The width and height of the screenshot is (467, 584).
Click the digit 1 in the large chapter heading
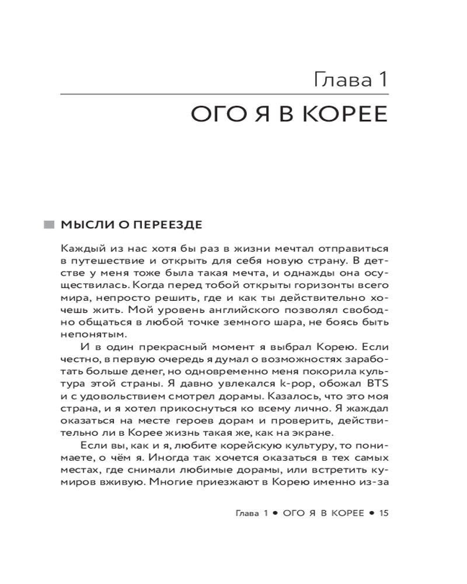(x=383, y=77)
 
